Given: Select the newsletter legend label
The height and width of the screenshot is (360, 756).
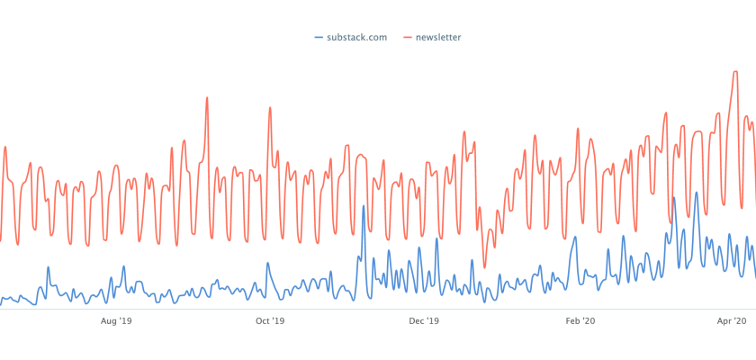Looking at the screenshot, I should (438, 38).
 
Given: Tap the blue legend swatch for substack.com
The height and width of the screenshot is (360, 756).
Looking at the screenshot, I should (319, 38).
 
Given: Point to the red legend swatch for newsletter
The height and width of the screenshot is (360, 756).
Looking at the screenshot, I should (406, 38).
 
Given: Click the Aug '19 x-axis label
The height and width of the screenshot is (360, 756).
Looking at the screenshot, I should (116, 320).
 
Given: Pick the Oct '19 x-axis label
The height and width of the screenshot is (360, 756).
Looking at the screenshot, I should (270, 320).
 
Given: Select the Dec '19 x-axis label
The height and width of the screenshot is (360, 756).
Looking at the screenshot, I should (423, 320).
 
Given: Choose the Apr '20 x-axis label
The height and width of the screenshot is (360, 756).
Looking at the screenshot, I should (733, 320).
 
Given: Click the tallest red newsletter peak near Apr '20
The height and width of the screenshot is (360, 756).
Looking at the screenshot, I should (735, 71).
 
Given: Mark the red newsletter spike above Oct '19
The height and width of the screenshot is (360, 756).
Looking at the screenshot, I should (268, 108).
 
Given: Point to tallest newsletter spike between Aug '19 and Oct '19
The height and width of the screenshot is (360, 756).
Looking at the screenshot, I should (207, 97).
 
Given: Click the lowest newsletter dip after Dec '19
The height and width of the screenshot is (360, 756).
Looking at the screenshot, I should (484, 266).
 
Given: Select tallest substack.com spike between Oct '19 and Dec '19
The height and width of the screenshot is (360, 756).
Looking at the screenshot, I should (363, 206).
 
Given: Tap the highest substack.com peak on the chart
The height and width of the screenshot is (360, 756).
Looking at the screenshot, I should (696, 193).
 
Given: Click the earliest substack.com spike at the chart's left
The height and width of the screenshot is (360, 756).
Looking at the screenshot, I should (47, 267).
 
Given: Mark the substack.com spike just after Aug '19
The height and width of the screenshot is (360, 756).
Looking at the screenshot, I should (123, 266).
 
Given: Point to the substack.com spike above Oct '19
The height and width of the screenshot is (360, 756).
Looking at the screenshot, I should (267, 263).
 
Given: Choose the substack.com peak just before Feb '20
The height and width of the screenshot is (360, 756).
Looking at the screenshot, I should (574, 238).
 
